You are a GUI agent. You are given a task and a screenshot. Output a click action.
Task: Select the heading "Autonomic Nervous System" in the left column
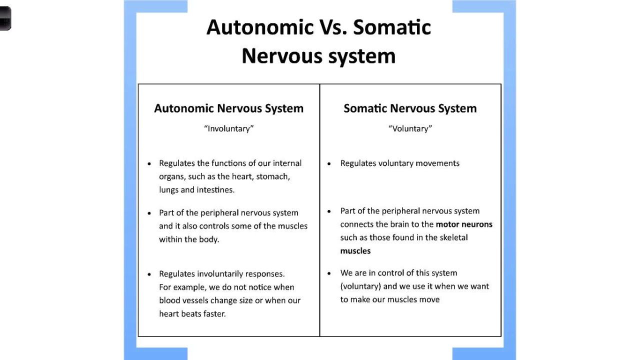[x=228, y=108]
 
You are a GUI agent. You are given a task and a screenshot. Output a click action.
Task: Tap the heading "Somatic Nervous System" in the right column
[x=410, y=108]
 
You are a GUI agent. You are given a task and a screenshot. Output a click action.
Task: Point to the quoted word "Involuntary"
[x=229, y=128]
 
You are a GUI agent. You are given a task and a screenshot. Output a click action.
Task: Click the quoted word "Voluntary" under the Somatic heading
[x=410, y=128]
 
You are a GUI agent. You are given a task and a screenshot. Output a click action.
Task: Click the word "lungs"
[x=169, y=190]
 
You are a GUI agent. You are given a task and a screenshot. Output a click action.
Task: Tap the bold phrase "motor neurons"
[x=464, y=224]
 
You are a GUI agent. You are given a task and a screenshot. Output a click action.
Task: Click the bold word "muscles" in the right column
[x=355, y=251]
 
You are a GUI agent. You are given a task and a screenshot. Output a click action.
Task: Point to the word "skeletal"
[x=453, y=237]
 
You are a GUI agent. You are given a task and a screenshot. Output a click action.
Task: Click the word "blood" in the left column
[x=169, y=300]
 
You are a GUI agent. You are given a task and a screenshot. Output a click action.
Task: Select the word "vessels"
[x=195, y=300]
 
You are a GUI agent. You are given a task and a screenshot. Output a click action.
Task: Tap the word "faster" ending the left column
[x=214, y=314]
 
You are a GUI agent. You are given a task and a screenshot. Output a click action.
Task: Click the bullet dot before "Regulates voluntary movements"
[x=329, y=163]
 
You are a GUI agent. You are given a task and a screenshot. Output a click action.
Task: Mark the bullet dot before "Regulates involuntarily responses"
[x=149, y=274]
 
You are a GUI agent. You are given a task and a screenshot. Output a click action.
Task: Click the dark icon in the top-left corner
[x=4, y=19]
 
